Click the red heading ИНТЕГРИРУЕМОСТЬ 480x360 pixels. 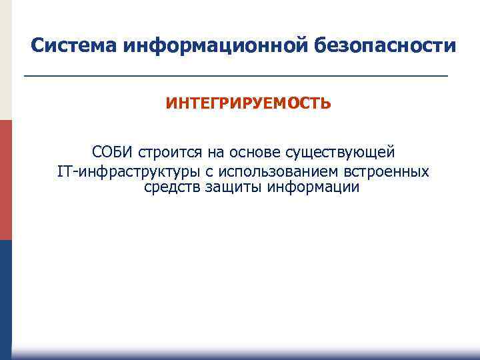[248, 104]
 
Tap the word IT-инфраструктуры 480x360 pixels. [124, 172]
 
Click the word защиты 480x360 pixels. [232, 187]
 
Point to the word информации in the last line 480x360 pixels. [313, 187]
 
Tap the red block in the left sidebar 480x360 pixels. [6, 180]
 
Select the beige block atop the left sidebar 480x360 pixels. [6, 60]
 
